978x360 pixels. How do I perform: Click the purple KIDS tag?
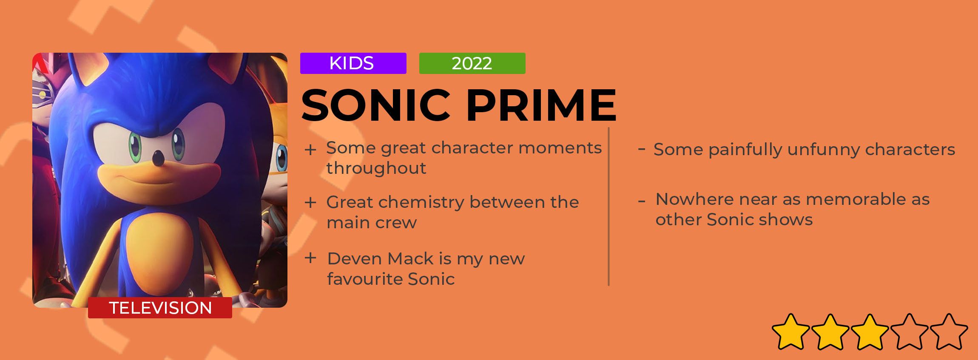[353, 63]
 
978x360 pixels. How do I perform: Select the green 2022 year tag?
[472, 63]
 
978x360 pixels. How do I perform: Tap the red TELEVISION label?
[160, 308]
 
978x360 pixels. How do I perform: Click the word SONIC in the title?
[376, 105]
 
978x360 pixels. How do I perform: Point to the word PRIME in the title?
[541, 105]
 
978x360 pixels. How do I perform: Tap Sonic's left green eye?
[135, 144]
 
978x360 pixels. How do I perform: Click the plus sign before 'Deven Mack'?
[310, 258]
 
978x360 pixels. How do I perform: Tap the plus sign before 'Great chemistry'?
[310, 202]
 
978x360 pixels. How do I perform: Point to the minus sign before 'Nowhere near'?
[642, 201]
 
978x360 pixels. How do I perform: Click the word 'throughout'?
[376, 169]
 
